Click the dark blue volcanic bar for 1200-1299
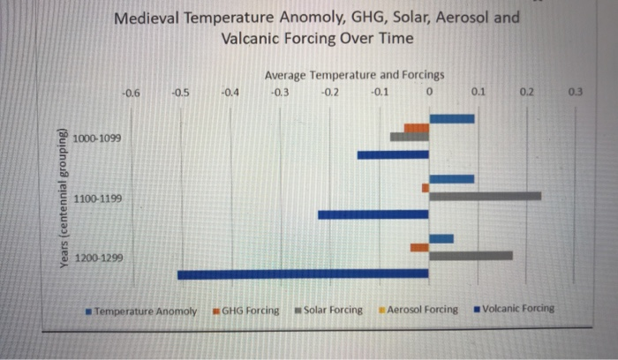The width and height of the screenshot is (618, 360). tap(303, 274)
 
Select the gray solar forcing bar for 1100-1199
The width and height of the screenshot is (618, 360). tap(485, 196)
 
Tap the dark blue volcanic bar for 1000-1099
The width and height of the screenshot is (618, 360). tap(393, 155)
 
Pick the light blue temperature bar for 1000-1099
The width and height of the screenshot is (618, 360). tap(451, 118)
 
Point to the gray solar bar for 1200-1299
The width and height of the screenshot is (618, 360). tap(470, 256)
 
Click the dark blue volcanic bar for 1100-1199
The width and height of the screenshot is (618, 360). tap(373, 214)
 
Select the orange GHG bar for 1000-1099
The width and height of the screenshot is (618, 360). tap(416, 128)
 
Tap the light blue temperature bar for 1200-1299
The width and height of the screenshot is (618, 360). tap(441, 238)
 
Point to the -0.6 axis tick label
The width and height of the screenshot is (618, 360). tap(132, 93)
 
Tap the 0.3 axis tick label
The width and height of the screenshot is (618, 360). tap(576, 91)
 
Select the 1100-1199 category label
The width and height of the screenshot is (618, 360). tap(98, 199)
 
